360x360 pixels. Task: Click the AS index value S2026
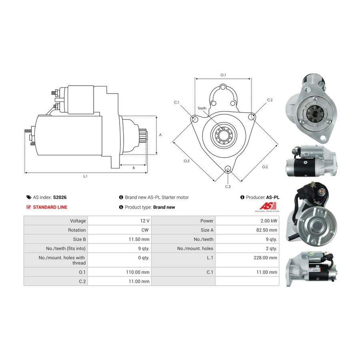pyautogui.click(x=60, y=197)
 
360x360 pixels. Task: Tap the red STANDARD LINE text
pyautogui.click(x=50, y=207)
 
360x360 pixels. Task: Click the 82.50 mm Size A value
pyautogui.click(x=267, y=230)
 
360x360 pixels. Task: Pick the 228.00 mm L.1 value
pyautogui.click(x=266, y=258)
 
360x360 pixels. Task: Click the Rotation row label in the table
pyautogui.click(x=77, y=230)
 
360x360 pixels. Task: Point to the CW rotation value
pyautogui.click(x=145, y=230)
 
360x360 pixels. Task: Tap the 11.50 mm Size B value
pyautogui.click(x=139, y=239)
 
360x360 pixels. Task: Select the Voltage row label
pyautogui.click(x=78, y=221)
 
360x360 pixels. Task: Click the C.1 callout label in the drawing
pyautogui.click(x=176, y=102)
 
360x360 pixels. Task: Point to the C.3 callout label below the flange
pyautogui.click(x=228, y=187)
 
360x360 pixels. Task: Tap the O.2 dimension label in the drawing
pyautogui.click(x=265, y=167)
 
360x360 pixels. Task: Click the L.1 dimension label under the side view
pyautogui.click(x=85, y=176)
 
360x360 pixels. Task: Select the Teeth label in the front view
pyautogui.click(x=202, y=108)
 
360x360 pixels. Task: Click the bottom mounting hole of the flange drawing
pyautogui.click(x=228, y=169)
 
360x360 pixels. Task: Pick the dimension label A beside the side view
pyautogui.click(x=160, y=135)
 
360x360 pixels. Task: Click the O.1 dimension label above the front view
pyautogui.click(x=223, y=75)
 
